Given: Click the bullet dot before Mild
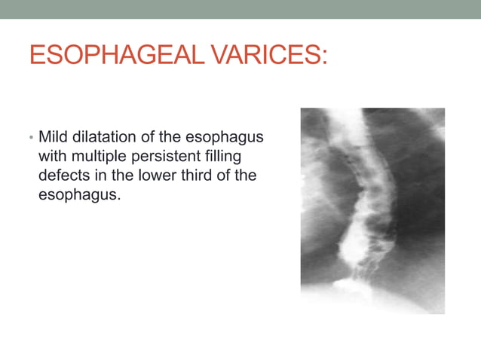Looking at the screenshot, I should point(31,139).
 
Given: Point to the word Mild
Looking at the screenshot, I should point(52,139).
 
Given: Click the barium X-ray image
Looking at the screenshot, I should point(372,211).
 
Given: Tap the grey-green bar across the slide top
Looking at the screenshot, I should point(240,9).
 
